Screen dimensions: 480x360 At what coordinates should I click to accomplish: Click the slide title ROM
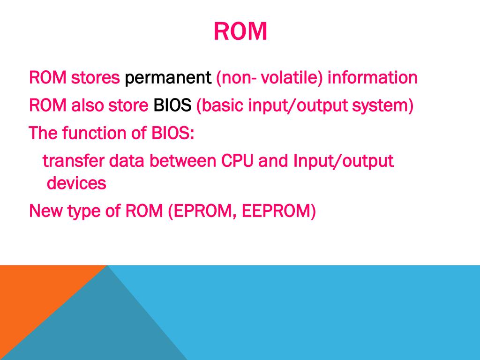click(240, 31)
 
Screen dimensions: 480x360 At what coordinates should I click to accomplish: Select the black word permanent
click(168, 78)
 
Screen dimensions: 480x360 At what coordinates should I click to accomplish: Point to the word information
click(372, 77)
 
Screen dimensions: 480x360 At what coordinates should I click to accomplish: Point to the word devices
click(76, 183)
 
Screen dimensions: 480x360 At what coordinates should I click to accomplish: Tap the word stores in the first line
click(95, 77)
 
